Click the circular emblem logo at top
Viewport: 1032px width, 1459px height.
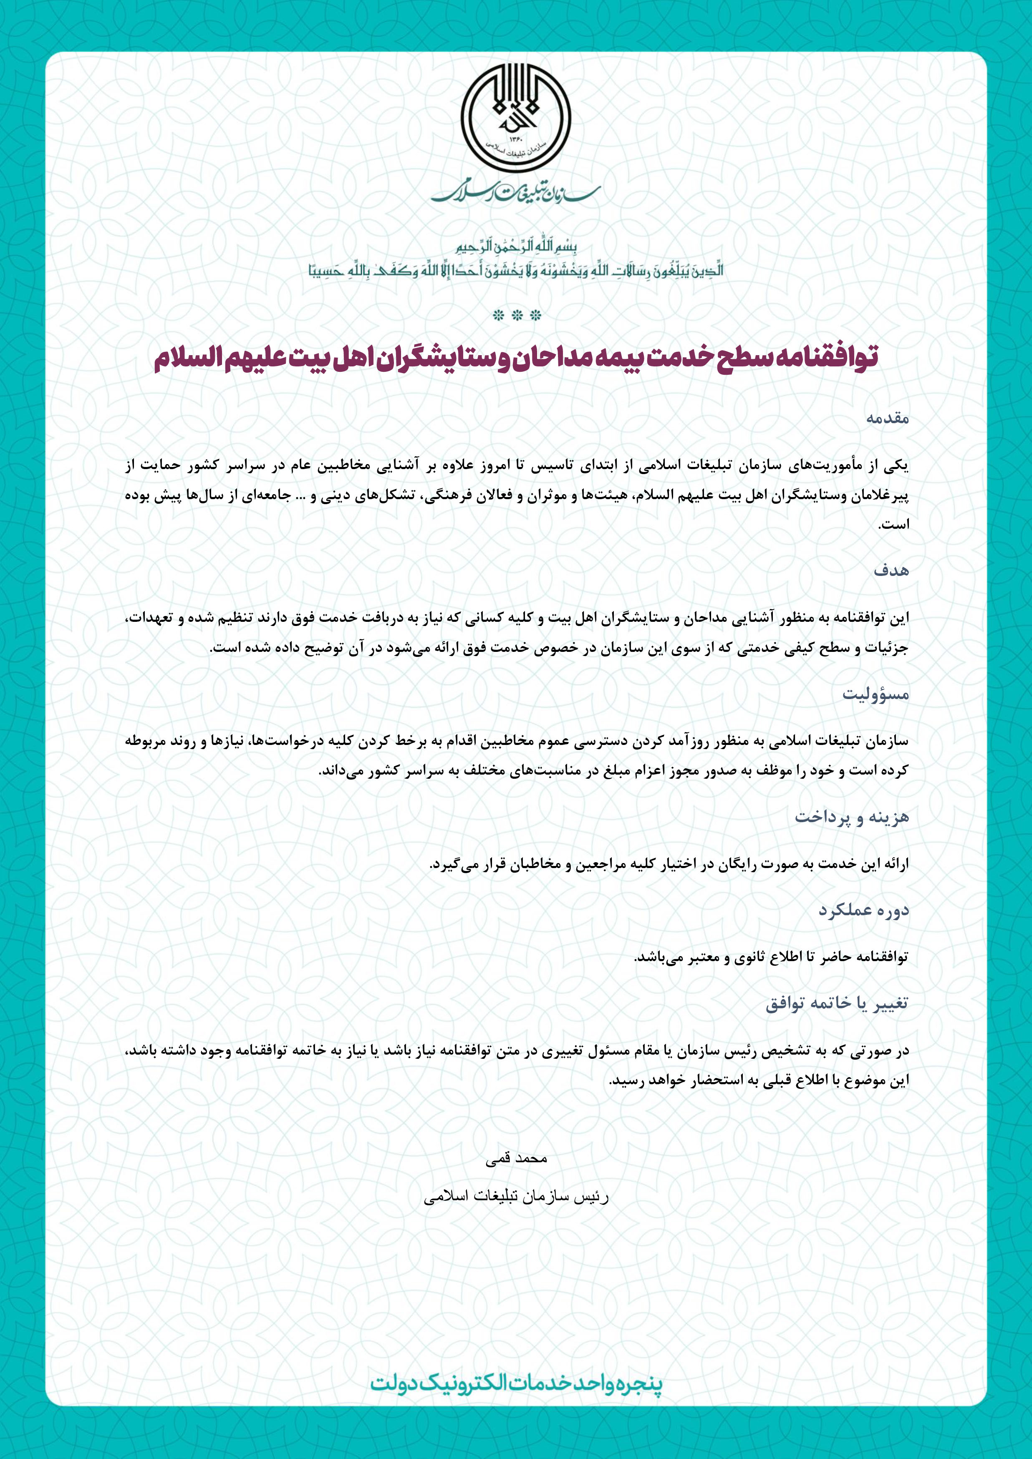(x=515, y=119)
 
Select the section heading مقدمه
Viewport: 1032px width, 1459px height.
(x=887, y=418)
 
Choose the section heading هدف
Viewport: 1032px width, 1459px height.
(x=891, y=570)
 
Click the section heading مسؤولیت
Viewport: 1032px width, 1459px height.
(x=876, y=694)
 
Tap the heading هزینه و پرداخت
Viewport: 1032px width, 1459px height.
(x=852, y=817)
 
